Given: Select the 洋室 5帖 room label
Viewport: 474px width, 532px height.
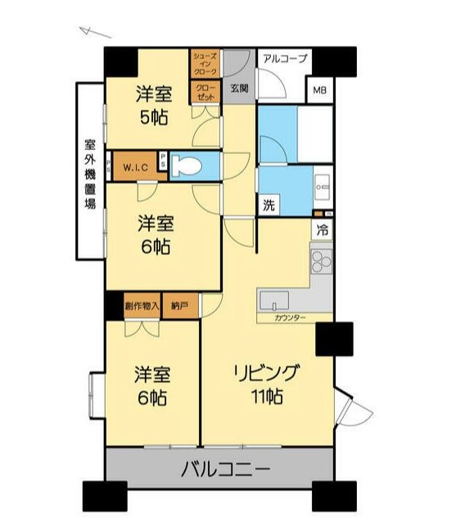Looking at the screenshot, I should pyautogui.click(x=153, y=106).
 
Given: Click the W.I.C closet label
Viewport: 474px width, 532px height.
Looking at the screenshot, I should pyautogui.click(x=135, y=167).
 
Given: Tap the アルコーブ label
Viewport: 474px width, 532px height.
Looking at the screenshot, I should pyautogui.click(x=282, y=58).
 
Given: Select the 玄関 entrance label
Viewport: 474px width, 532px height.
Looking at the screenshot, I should pyautogui.click(x=238, y=88).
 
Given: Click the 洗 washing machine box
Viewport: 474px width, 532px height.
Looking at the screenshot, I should pyautogui.click(x=269, y=206).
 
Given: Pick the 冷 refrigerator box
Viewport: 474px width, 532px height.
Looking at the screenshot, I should pyautogui.click(x=323, y=230).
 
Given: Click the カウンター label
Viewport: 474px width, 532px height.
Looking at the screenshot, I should pyautogui.click(x=291, y=317).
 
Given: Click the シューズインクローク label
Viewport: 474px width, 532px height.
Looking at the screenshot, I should pyautogui.click(x=204, y=64).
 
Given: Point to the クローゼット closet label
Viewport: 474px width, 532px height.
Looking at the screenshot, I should pyautogui.click(x=205, y=92).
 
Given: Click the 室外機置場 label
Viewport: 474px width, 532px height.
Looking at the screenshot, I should pyautogui.click(x=89, y=172).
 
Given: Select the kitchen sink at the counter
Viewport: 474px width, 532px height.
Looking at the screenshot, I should pyautogui.click(x=275, y=298).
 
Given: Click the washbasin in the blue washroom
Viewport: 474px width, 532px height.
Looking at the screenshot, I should pyautogui.click(x=322, y=185).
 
